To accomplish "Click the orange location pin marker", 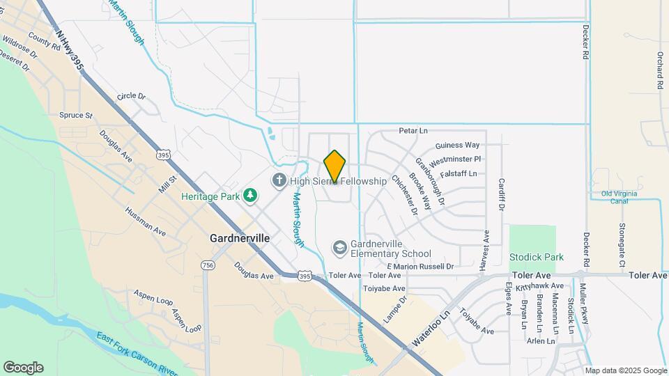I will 335,166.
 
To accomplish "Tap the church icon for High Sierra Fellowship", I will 279,181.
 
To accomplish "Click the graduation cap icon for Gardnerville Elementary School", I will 339,247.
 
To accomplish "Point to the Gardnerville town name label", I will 240,237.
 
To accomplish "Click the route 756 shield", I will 207,265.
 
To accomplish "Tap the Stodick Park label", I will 536,257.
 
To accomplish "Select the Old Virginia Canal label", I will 620,198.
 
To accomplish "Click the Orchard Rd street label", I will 659,70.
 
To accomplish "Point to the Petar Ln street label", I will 413,130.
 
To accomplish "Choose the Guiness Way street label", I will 458,146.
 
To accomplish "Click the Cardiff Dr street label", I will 501,194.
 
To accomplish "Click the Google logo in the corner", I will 22,368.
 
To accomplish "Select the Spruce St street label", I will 75,115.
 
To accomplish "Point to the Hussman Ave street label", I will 145,220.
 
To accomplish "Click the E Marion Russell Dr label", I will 420,266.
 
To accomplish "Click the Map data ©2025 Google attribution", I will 625,370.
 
